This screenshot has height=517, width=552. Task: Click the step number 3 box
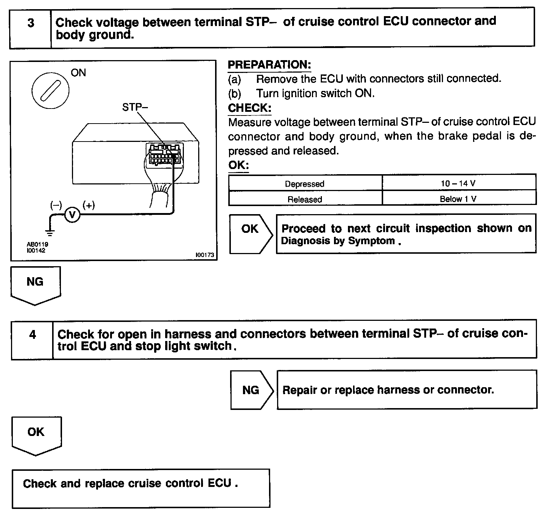coord(30,23)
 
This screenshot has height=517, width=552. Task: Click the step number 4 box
coord(32,335)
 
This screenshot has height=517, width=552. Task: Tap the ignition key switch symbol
coord(50,90)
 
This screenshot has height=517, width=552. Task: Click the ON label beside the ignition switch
coord(78,73)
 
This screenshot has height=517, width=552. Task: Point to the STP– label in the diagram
coord(135,107)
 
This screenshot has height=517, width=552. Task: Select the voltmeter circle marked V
coord(72,215)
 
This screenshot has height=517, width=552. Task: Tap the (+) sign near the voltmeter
coord(89,205)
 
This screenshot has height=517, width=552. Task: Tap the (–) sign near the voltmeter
coord(56,205)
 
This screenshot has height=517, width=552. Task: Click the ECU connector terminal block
coord(164,155)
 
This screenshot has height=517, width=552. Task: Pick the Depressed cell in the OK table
coord(305,183)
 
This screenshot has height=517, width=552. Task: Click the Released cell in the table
coord(305,199)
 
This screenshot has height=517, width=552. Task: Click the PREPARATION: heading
coord(269,65)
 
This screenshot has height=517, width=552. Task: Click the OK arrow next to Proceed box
coord(251,234)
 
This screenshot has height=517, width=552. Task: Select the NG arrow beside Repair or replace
coord(251,390)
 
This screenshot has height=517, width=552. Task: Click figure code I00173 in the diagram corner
coord(205,255)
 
